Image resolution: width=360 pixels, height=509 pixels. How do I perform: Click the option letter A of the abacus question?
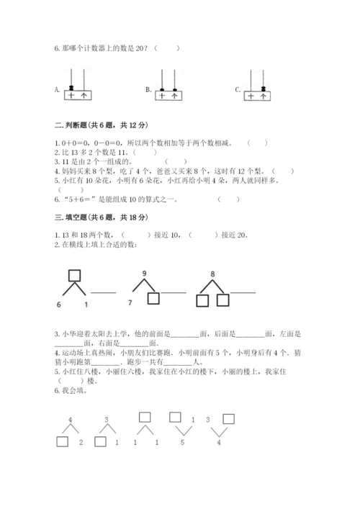(56, 90)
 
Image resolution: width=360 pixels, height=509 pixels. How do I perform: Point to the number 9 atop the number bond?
(144, 273)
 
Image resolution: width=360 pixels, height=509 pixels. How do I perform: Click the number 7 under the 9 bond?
(130, 302)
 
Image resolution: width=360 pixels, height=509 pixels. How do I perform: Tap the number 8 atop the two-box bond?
(212, 274)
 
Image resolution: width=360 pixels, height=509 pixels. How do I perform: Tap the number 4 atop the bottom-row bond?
(70, 419)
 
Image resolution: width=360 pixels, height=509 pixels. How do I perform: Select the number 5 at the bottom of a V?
(183, 441)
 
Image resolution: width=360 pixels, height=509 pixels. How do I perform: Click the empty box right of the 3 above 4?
(229, 418)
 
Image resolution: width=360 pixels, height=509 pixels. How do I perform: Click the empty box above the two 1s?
(144, 418)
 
